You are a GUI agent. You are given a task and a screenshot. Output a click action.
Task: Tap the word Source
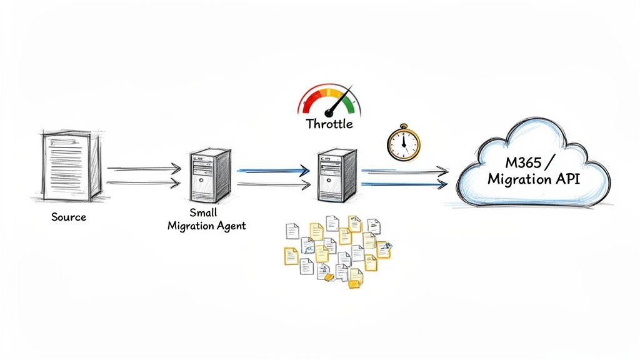point(69,217)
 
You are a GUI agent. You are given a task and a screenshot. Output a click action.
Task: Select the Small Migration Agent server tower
point(209,174)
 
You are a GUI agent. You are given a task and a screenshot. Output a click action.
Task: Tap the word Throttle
point(329,124)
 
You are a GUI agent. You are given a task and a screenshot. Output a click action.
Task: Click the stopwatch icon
point(402,143)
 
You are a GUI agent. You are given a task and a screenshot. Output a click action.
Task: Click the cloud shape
point(531,166)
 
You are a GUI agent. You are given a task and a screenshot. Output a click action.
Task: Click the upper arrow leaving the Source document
point(144,169)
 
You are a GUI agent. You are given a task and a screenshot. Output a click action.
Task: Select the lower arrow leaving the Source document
point(144,182)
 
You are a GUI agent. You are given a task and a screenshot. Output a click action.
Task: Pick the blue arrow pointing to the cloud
point(405,183)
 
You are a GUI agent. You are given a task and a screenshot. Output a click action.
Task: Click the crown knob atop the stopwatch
point(402,126)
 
